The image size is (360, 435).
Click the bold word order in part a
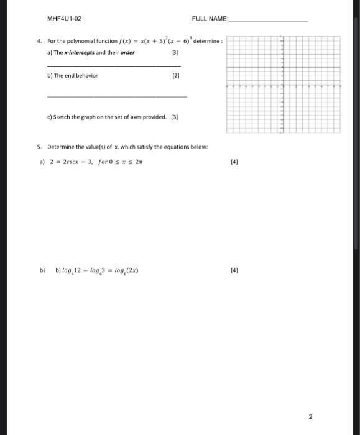pos(127,52)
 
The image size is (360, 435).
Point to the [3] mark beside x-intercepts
pos(174,52)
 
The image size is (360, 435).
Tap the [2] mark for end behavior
pos(175,75)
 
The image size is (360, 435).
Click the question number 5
pos(39,147)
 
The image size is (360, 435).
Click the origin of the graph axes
pos(282,86)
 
